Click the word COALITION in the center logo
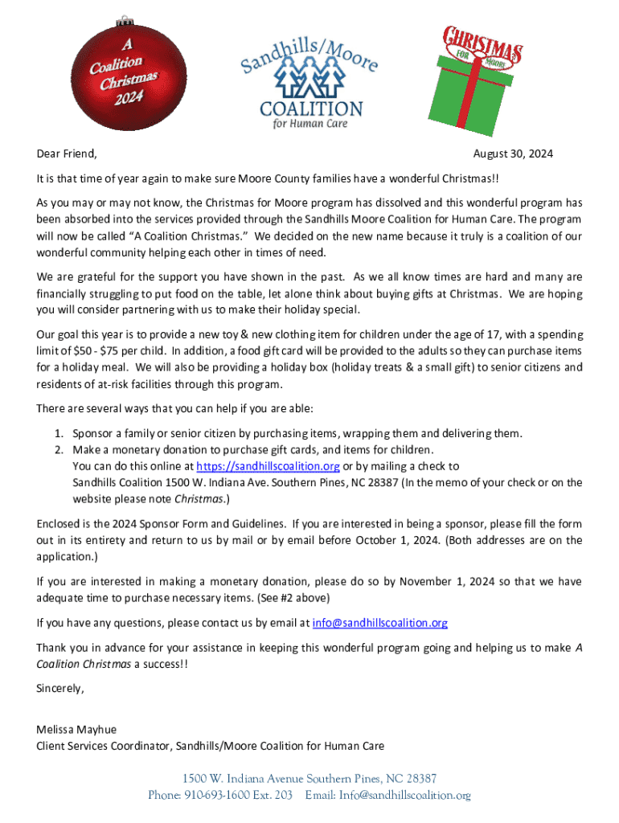pyautogui.click(x=311, y=109)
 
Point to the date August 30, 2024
pyautogui.click(x=513, y=154)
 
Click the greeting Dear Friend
pyautogui.click(x=67, y=154)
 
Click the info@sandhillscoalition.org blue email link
pyautogui.click(x=379, y=623)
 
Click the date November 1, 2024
pyautogui.click(x=449, y=581)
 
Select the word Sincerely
pyautogui.click(x=60, y=689)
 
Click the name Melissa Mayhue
pyautogui.click(x=76, y=730)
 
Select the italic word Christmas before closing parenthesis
pyautogui.click(x=199, y=499)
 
